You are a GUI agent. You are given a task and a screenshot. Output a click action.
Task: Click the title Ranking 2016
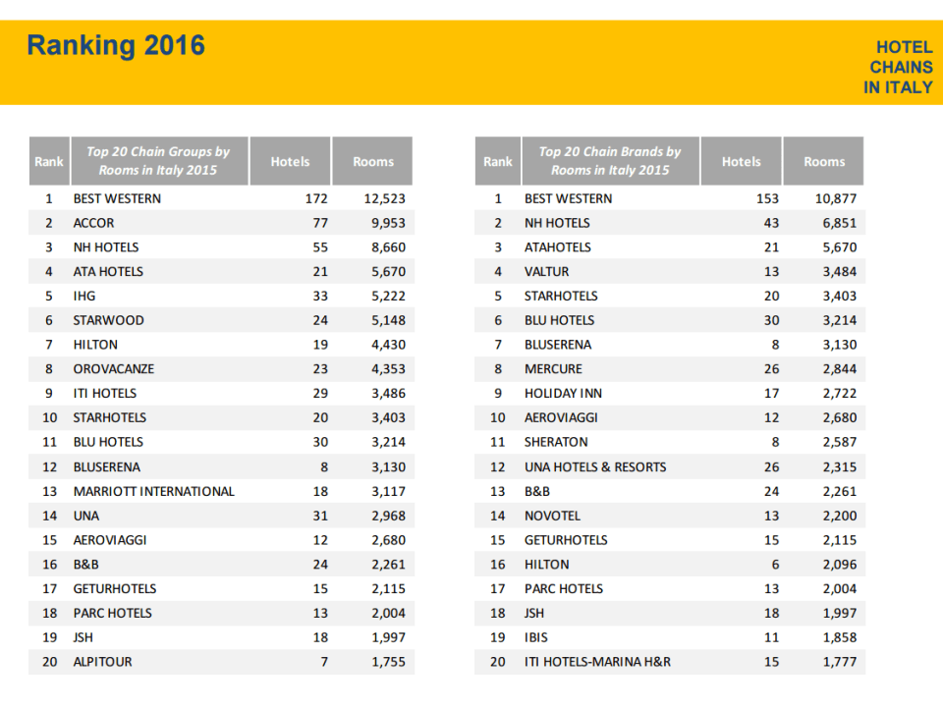click(116, 46)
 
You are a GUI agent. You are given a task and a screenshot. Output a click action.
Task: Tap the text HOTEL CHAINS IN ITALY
click(899, 67)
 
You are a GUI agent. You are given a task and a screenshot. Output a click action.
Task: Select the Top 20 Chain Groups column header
click(158, 161)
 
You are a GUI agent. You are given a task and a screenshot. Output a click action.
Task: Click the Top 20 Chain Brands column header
click(609, 161)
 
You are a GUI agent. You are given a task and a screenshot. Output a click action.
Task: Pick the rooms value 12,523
click(384, 198)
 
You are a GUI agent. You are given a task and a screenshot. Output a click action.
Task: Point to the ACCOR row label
click(93, 223)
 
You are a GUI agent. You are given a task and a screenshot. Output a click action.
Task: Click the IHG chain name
click(84, 296)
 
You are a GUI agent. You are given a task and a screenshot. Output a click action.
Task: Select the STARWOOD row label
click(108, 320)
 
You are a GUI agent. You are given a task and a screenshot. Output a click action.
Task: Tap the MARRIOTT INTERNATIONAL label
click(153, 491)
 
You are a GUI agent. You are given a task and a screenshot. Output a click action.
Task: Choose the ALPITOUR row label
click(102, 662)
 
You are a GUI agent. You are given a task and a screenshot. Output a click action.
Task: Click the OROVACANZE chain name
click(113, 369)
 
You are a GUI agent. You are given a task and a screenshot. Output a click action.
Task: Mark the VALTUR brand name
click(546, 271)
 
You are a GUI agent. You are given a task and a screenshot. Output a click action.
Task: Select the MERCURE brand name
click(553, 369)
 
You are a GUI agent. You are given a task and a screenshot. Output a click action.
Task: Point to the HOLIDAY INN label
click(563, 393)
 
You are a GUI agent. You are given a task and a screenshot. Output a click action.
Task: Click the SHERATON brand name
click(556, 442)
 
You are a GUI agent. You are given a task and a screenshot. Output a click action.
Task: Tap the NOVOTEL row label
click(552, 516)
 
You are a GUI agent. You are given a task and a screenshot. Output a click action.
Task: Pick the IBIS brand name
click(536, 637)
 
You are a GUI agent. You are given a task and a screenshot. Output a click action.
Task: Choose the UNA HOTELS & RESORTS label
click(595, 466)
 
